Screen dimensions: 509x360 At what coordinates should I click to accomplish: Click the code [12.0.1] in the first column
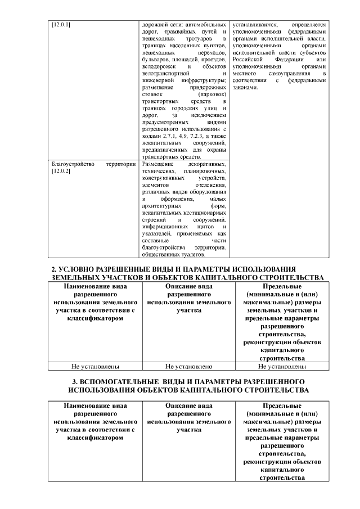pos(61,25)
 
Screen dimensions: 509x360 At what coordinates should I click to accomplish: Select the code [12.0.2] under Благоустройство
pos(61,171)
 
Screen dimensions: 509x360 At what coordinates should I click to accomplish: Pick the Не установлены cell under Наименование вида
pos(95,367)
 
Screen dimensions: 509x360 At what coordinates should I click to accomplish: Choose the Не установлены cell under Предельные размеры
pos(282,367)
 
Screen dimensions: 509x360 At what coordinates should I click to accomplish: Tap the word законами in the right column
pos(245,88)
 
